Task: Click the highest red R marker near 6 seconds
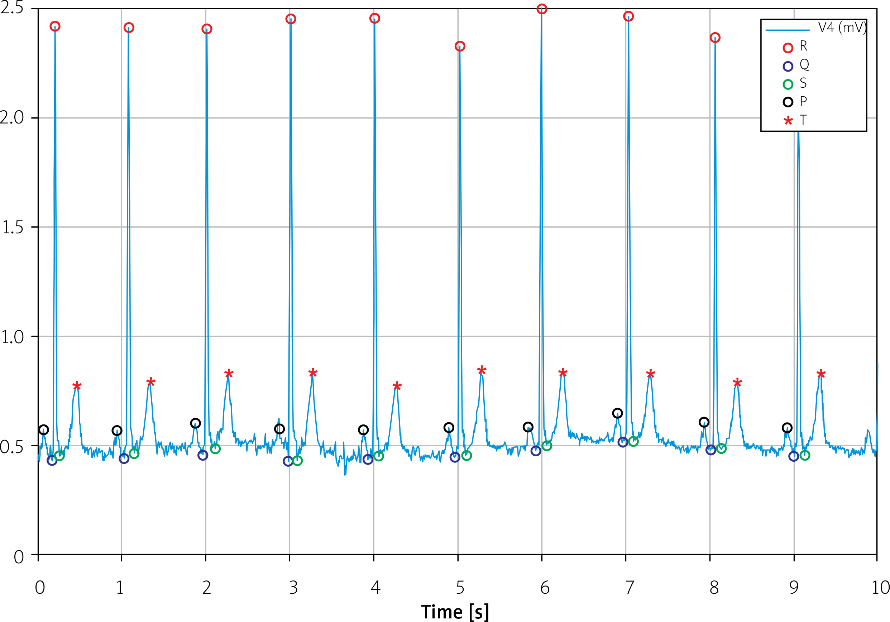click(x=542, y=9)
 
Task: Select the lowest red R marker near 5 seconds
click(x=460, y=47)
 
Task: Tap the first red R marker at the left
click(x=55, y=26)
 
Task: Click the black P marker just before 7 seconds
click(x=617, y=413)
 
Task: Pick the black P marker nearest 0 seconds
click(x=44, y=429)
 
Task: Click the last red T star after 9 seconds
click(x=821, y=374)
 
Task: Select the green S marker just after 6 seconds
click(x=546, y=446)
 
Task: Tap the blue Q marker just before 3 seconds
click(x=288, y=461)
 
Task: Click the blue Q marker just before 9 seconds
click(x=794, y=456)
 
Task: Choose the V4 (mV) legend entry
click(x=842, y=28)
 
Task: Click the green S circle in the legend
click(x=788, y=84)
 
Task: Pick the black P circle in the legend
click(x=788, y=102)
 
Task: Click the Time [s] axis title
click(x=455, y=612)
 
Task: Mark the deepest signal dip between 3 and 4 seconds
click(x=345, y=475)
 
